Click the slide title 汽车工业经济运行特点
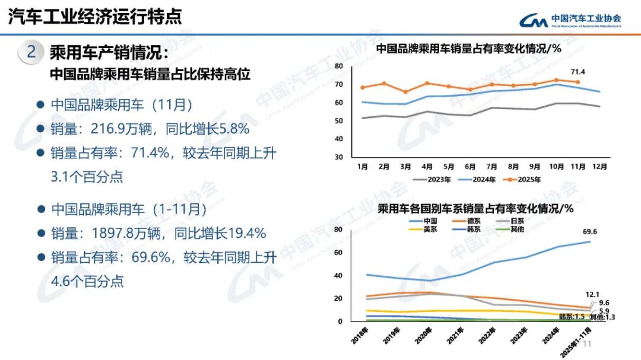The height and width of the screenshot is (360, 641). click(95, 16)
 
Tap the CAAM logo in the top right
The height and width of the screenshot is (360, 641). click(570, 21)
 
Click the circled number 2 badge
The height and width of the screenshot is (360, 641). click(31, 52)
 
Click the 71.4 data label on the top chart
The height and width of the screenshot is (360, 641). click(578, 72)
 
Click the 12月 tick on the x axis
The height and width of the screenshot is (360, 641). click(600, 166)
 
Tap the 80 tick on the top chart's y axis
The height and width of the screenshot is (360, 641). click(338, 66)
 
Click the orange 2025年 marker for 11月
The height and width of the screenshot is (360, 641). click(577, 82)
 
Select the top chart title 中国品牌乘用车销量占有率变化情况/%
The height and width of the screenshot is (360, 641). click(469, 49)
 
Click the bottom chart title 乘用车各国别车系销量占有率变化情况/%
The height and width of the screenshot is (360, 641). click(475, 209)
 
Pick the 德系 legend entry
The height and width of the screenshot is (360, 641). click(469, 221)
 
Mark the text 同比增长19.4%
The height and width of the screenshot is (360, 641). click(220, 233)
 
